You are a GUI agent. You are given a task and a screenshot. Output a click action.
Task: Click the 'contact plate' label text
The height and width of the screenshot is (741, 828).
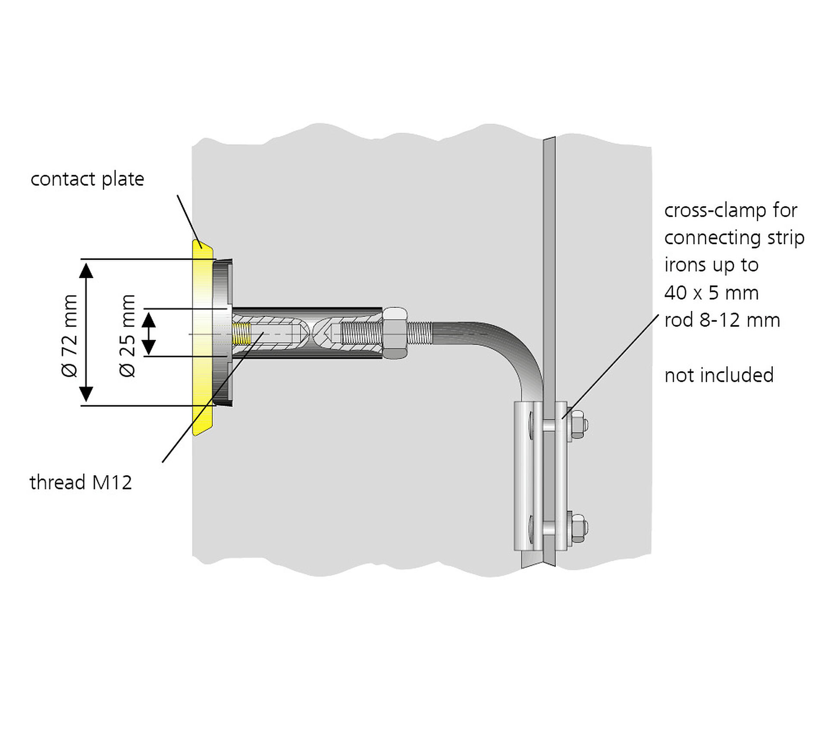[x=87, y=179]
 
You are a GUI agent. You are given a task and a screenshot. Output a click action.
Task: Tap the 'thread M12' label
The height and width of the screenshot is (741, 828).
[x=81, y=482]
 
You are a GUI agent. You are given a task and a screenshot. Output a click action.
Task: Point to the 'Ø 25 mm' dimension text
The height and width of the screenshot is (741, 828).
[x=128, y=335]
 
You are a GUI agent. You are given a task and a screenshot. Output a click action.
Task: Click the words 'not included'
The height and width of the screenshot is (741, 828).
[x=719, y=375]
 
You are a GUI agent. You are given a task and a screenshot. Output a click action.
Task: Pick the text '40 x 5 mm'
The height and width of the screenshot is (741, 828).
[x=711, y=293]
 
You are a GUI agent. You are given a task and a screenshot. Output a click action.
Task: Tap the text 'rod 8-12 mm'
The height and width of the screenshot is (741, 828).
[x=722, y=320]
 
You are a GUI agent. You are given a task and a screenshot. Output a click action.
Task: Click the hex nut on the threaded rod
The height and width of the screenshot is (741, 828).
[x=395, y=333]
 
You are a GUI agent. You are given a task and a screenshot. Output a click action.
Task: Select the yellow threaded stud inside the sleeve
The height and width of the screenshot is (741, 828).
[x=241, y=333]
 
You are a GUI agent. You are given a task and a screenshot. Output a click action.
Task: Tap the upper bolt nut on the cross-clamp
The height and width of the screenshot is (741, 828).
[x=577, y=425]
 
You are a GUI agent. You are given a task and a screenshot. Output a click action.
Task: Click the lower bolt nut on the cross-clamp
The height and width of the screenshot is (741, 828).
[x=577, y=528]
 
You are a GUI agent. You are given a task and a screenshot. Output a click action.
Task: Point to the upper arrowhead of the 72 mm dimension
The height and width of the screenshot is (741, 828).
[x=86, y=270]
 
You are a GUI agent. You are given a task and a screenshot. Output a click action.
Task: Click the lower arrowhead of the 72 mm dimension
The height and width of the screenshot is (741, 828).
[x=86, y=394]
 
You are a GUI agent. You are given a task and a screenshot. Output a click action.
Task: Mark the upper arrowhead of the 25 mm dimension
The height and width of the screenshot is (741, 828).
[x=149, y=319]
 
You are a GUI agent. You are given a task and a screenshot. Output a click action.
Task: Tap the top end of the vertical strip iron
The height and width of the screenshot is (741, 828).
[x=549, y=141]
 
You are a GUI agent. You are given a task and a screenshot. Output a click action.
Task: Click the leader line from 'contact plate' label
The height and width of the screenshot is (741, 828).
[x=188, y=221]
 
